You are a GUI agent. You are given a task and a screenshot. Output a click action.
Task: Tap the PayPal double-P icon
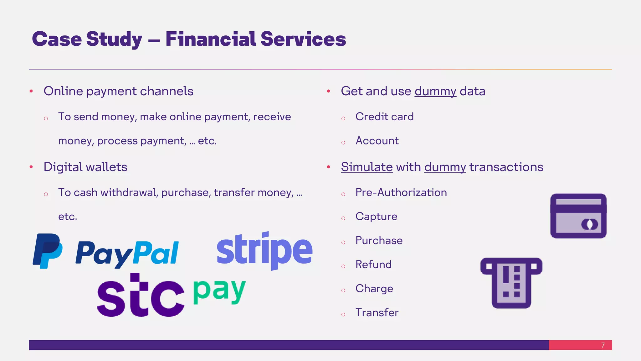coord(48,251)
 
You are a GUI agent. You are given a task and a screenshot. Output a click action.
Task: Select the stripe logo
coord(264,251)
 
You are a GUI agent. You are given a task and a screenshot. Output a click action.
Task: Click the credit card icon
coord(578,216)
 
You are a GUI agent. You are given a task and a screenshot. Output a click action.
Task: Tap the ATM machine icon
coord(511,283)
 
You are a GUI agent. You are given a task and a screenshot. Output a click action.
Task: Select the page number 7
coord(603,345)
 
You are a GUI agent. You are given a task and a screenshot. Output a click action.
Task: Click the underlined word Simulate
coord(367,167)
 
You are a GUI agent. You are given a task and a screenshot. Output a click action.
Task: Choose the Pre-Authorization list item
coord(401,192)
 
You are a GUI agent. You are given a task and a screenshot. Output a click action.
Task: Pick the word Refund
coord(373,264)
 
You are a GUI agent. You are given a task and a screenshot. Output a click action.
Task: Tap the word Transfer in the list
coord(377,312)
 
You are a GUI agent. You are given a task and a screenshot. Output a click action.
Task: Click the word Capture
coord(376,217)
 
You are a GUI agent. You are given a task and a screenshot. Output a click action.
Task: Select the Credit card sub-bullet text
coord(384,117)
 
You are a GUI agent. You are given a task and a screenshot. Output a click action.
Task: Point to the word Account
coord(377,141)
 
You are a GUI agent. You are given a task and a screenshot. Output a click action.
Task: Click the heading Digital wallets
coord(85,167)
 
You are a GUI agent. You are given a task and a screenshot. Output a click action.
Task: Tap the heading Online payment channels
coord(118,91)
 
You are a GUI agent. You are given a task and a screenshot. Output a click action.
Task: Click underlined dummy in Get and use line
coord(435,91)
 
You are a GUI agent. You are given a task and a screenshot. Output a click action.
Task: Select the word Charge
coord(374,289)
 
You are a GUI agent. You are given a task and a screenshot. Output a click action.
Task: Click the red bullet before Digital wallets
coord(31,167)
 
